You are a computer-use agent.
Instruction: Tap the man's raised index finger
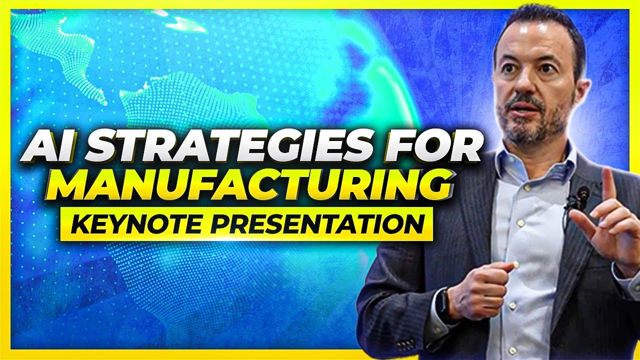tap(608, 182)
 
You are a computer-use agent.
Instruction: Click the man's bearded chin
tap(525, 131)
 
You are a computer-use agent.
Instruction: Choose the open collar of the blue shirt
tap(530, 160)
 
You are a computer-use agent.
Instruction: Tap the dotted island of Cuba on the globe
tap(180, 22)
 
